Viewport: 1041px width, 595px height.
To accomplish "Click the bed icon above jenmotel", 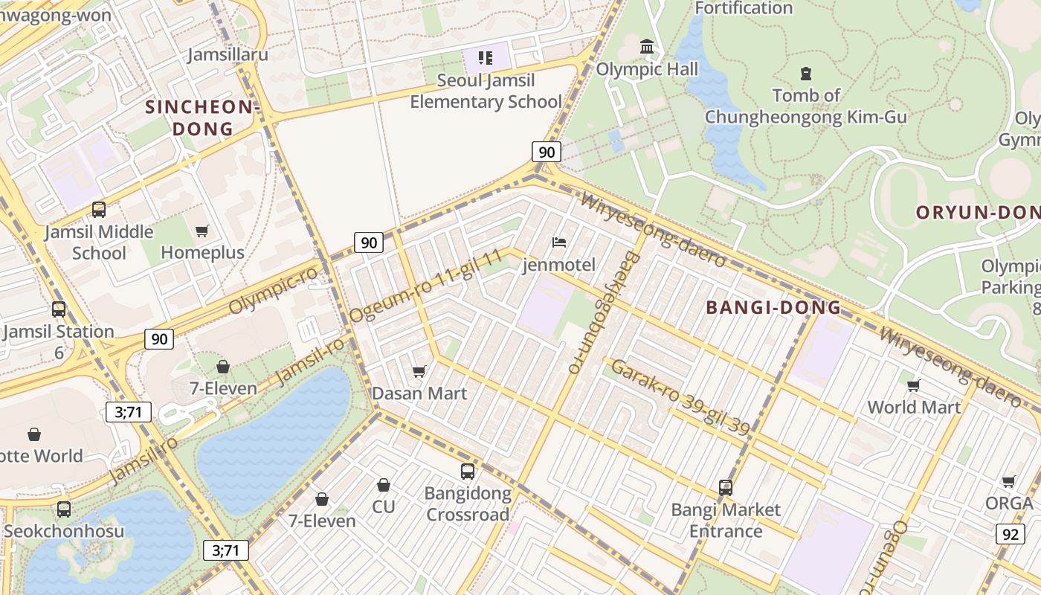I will (559, 242).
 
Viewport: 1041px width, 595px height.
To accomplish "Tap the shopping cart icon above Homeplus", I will (202, 231).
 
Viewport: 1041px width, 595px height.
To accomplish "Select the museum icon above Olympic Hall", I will (647, 48).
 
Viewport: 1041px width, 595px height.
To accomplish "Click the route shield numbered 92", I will (1010, 533).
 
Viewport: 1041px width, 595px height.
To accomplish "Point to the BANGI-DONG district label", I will (773, 307).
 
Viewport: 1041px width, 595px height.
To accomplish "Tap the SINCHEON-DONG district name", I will (202, 118).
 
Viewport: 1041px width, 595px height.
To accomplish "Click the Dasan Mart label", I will (419, 393).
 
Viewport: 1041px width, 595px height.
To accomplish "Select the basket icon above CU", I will (384, 485).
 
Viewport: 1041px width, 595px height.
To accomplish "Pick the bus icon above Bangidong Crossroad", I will (468, 472).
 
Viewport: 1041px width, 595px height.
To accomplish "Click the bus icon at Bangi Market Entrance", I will (726, 488).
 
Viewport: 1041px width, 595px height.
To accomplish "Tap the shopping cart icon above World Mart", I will (914, 385).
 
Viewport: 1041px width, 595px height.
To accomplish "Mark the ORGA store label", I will (1009, 504).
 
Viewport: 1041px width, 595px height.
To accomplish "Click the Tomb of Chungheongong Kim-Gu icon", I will (806, 73).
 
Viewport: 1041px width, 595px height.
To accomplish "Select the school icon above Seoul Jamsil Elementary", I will (486, 58).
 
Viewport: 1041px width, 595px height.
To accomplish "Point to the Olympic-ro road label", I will (273, 289).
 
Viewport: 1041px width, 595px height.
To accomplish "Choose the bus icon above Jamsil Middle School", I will (99, 210).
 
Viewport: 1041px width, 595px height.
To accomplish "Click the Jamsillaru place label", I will (228, 55).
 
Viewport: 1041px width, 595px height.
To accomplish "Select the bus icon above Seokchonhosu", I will (64, 509).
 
